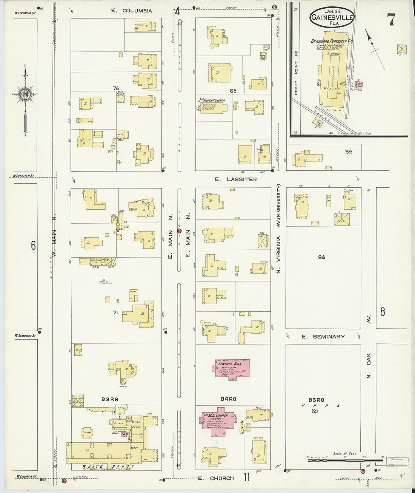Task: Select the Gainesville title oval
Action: (332, 17)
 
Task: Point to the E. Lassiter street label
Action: (236, 179)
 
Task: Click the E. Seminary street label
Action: (323, 336)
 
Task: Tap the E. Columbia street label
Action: (131, 11)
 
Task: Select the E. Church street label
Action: (216, 478)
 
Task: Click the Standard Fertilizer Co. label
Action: (332, 41)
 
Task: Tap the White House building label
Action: (108, 466)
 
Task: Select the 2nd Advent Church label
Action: (212, 100)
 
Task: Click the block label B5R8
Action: (316, 399)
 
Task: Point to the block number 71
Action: (115, 312)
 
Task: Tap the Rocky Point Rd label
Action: (296, 77)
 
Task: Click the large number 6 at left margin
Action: (33, 246)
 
